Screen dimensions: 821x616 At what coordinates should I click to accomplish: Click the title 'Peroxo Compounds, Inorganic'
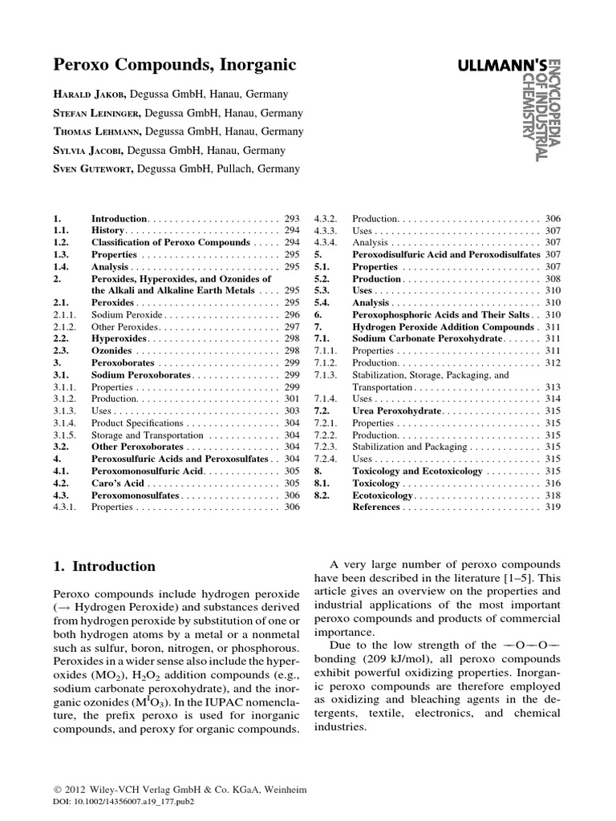164,63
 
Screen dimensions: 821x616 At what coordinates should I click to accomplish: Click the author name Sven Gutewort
95,168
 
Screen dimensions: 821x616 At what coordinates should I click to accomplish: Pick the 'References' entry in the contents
376,507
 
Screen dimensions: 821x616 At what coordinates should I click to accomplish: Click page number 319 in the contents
553,507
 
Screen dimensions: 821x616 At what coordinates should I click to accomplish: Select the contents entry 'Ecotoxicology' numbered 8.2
386,495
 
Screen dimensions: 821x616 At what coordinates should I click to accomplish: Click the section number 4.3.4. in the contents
329,243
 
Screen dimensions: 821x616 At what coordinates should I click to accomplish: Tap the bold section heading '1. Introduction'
104,566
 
